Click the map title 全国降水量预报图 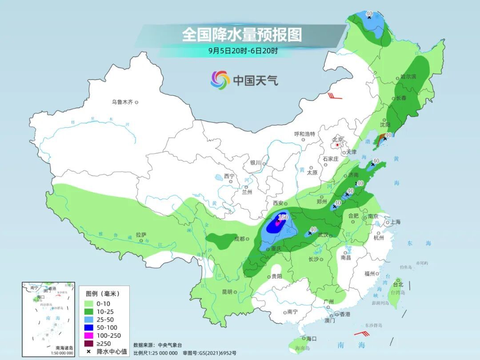242,35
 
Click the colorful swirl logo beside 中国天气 220,80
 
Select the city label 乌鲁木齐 122,102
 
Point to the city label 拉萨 141,235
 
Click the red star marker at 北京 338,145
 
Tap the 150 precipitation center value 283,217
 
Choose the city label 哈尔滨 408,77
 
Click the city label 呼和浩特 304,134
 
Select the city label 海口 311,339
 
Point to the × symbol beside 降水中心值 89,352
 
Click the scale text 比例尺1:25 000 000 156,352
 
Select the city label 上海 395,222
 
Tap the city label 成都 239,239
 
